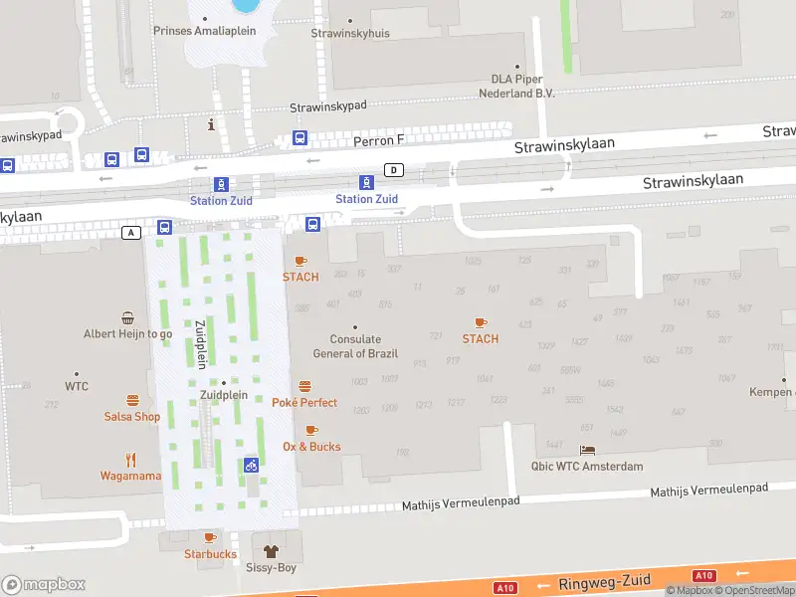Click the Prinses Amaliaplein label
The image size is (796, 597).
pyautogui.click(x=204, y=31)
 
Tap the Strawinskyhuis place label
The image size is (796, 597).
pyautogui.click(x=350, y=33)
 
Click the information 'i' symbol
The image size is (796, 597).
pyautogui.click(x=210, y=124)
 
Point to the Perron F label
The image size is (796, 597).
pyautogui.click(x=380, y=141)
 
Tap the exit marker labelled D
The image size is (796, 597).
pyautogui.click(x=395, y=170)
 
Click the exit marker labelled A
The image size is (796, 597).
pyautogui.click(x=130, y=232)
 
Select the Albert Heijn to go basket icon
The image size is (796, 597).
pyautogui.click(x=128, y=318)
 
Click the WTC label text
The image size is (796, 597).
pyautogui.click(x=77, y=386)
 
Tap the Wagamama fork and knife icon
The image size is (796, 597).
pyautogui.click(x=130, y=460)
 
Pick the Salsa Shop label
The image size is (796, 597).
pyautogui.click(x=131, y=417)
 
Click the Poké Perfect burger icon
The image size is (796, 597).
pyautogui.click(x=304, y=386)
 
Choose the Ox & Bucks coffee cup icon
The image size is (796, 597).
pyautogui.click(x=310, y=431)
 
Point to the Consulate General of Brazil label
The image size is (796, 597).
pyautogui.click(x=355, y=347)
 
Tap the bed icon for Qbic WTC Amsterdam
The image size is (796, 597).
pyautogui.click(x=587, y=451)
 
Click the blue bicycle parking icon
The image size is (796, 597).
pyautogui.click(x=251, y=465)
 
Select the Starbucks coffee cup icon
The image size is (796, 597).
pyautogui.click(x=210, y=538)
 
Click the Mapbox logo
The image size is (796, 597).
pyautogui.click(x=44, y=585)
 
